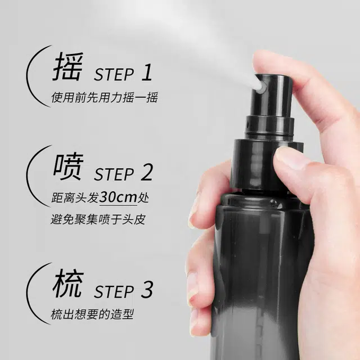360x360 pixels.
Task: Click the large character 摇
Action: coord(67,66)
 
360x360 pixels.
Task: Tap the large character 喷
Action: coord(68,166)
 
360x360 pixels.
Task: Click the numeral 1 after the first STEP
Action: coord(147,72)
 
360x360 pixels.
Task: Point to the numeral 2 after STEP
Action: coord(147,172)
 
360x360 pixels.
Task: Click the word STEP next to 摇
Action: coord(114,74)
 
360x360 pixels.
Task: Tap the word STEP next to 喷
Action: coord(114,174)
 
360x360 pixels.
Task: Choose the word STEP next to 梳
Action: coord(114,291)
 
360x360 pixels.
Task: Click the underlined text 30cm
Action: coord(118,197)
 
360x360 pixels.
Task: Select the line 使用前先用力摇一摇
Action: coord(105,97)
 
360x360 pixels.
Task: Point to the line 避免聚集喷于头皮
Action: coord(98,219)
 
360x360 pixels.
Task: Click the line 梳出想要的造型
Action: coord(92,314)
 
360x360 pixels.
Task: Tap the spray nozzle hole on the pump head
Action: coord(263,87)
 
